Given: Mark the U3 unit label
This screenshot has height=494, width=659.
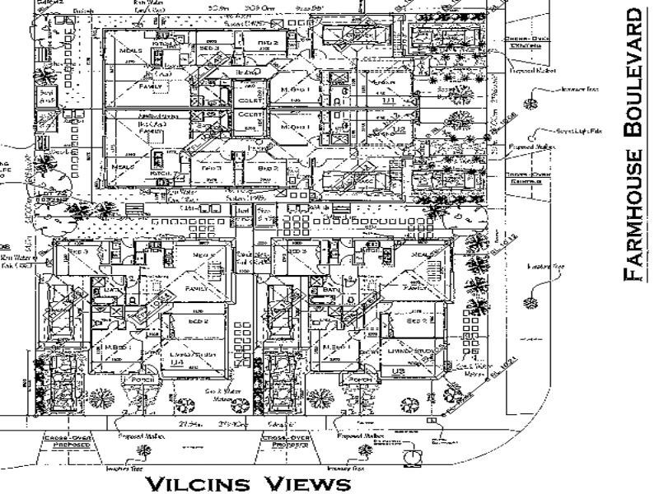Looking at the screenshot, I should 399,372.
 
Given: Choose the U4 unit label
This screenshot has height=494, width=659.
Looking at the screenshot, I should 175,372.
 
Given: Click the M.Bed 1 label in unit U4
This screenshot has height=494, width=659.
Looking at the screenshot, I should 115,347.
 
